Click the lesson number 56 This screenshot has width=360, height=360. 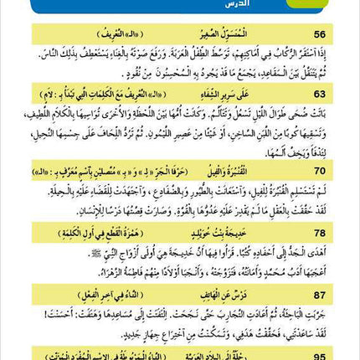(x=320, y=34)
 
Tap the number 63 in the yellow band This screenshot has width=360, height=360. (x=320, y=95)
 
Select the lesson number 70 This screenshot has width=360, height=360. (x=320, y=171)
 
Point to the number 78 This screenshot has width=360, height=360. (x=320, y=232)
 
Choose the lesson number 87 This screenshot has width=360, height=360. (x=320, y=294)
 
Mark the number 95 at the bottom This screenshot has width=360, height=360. (x=320, y=354)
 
